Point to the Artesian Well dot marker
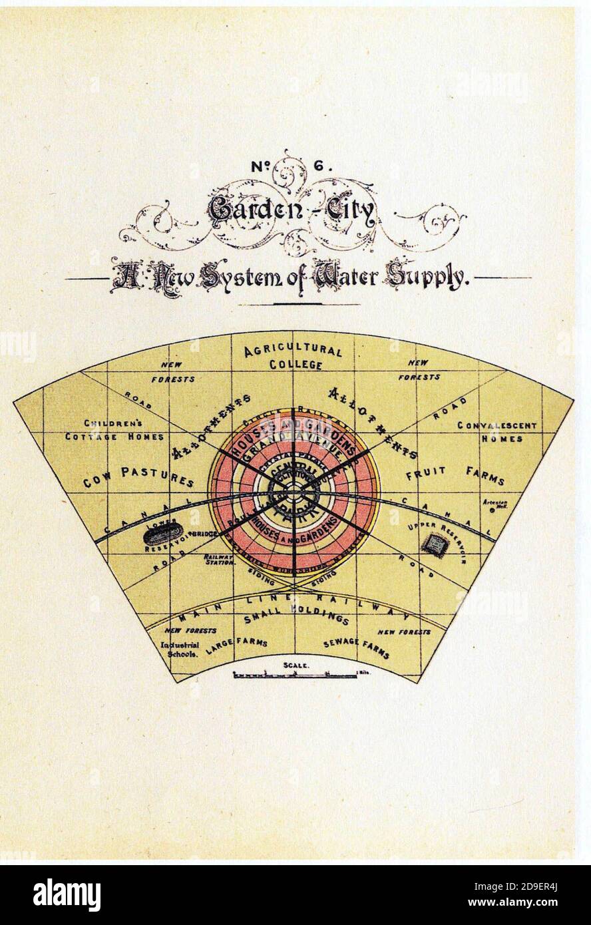pos(491,511)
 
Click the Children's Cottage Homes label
pos(124,431)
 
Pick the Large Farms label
pos(236,646)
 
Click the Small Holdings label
pos(297,618)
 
